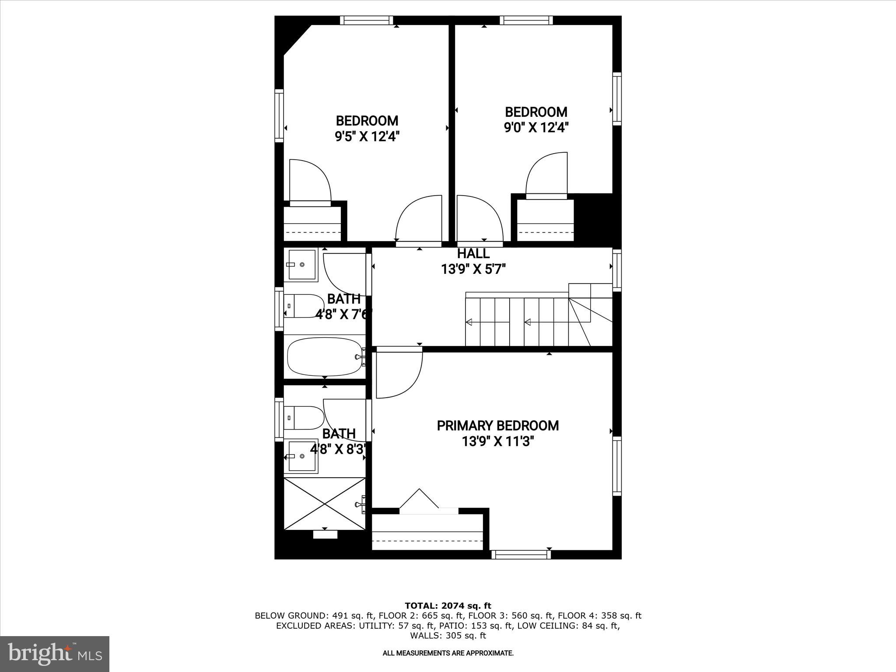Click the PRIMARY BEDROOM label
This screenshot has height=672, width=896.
click(497, 426)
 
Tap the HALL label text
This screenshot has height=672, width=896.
click(473, 254)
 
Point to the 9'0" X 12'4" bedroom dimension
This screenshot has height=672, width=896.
click(536, 128)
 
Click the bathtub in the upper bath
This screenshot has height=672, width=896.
click(324, 357)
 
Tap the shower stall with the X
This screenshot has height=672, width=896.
click(325, 504)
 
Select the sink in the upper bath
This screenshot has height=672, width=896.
click(301, 265)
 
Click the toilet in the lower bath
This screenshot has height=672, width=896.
click(304, 418)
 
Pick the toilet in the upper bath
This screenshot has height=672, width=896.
click(303, 306)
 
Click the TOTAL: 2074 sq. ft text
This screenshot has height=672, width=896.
click(448, 606)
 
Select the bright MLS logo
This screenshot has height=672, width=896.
click(55, 654)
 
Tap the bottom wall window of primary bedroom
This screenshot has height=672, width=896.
click(521, 555)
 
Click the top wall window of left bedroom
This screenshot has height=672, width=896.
click(367, 20)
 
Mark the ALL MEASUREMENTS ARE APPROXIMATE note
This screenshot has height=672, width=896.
click(448, 653)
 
